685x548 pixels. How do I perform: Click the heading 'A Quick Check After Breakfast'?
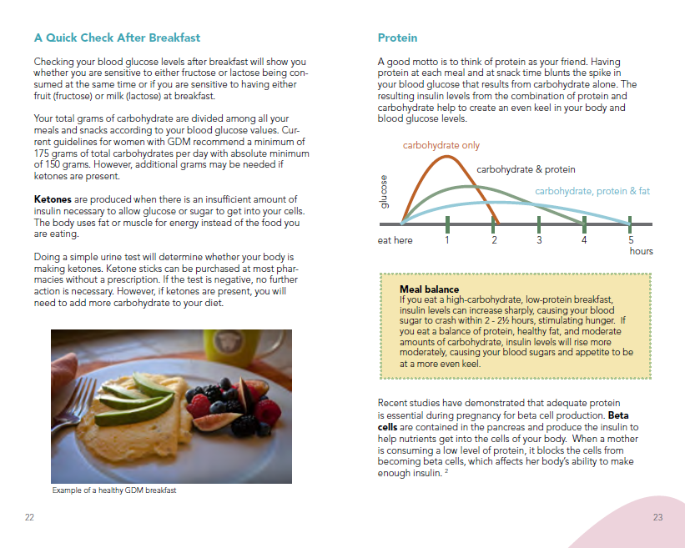tap(117, 38)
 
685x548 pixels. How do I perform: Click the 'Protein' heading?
tap(397, 38)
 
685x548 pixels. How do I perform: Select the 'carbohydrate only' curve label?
tap(441, 145)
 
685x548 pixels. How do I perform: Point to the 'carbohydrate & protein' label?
tap(526, 169)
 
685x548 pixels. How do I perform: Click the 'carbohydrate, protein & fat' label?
tap(592, 191)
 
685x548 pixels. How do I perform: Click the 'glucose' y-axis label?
tap(385, 192)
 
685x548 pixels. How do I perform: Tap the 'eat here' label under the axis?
tap(395, 240)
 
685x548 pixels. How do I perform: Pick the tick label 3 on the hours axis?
tap(539, 240)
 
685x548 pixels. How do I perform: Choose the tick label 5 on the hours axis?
tap(631, 240)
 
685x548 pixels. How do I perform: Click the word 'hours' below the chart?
tap(641, 251)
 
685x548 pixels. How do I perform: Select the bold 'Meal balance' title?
tap(429, 289)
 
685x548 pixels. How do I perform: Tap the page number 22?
tap(29, 518)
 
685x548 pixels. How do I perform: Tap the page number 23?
tap(657, 518)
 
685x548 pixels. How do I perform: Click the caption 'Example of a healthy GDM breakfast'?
tap(114, 490)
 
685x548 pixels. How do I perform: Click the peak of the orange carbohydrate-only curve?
tap(448, 157)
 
